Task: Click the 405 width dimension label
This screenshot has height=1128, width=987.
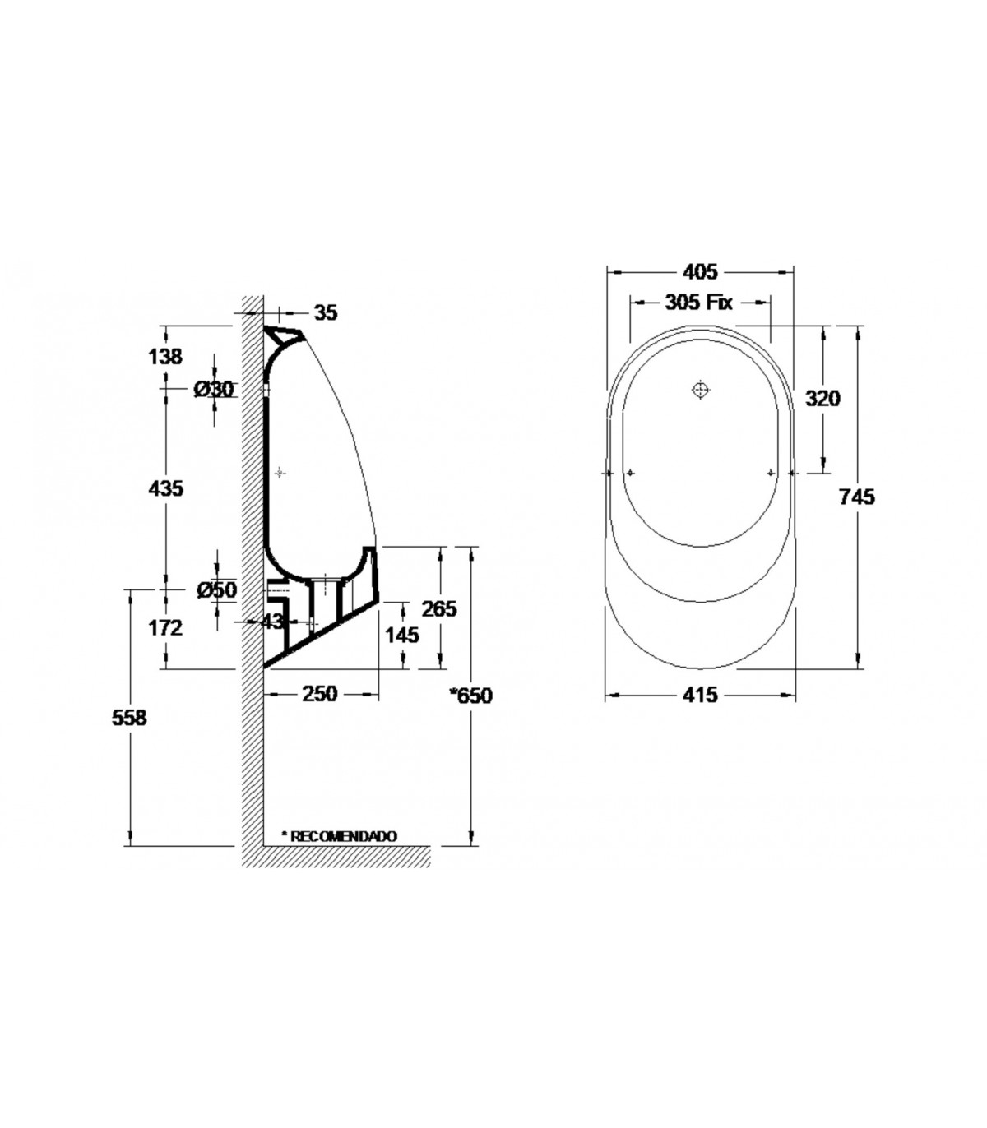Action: point(700,271)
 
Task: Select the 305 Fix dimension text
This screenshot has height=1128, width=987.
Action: point(698,302)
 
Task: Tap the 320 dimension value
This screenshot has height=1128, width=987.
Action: point(822,398)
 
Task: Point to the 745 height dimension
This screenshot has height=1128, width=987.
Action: point(856,497)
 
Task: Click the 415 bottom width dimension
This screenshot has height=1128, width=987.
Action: point(700,695)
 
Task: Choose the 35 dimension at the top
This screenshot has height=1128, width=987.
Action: point(326,312)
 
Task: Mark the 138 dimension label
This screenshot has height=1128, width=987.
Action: point(164,357)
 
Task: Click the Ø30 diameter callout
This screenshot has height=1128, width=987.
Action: point(214,389)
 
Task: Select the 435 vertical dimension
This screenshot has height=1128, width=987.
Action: point(165,488)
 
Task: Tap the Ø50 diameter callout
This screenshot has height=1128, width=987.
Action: point(216,590)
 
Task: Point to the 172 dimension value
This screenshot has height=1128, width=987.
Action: point(165,627)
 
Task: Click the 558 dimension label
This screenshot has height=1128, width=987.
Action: point(129,718)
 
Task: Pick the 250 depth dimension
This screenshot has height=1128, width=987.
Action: point(319,694)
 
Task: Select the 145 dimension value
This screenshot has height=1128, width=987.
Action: point(402,636)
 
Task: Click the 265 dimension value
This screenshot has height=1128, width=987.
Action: point(439,608)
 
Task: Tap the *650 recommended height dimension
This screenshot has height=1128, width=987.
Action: point(470,696)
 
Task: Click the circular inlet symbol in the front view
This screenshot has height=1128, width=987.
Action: point(700,390)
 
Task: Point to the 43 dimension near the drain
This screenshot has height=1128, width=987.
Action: point(271,622)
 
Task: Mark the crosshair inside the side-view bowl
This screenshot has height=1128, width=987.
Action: point(280,473)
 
